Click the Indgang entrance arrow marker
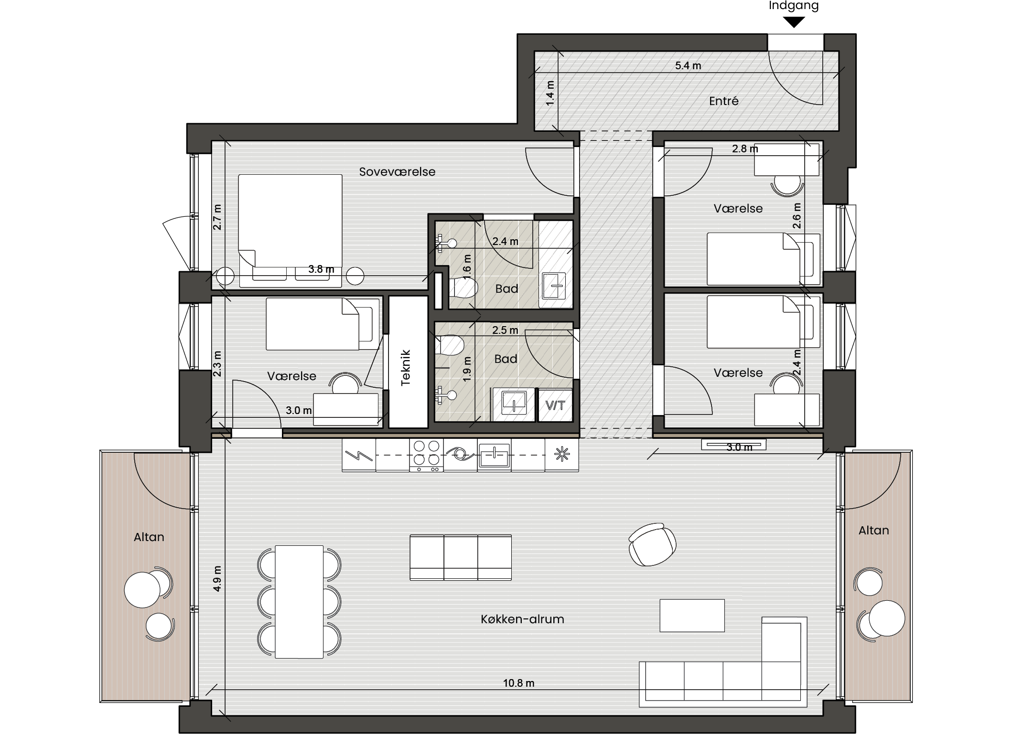point(794,22)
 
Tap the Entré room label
point(723,101)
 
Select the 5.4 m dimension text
point(688,66)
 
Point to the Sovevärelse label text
point(397,171)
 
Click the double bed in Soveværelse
point(291,231)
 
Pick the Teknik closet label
point(406,368)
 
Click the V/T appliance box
point(555,405)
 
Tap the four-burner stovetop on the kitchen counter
point(426,455)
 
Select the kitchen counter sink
point(494,455)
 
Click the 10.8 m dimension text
point(518,683)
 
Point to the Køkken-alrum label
point(522,619)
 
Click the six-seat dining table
point(300,602)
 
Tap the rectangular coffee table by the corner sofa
point(692,616)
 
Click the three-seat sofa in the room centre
point(461,557)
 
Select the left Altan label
point(149,537)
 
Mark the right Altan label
point(873,530)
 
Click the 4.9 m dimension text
point(217,579)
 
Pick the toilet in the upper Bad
point(463,288)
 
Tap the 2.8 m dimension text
point(745,149)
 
